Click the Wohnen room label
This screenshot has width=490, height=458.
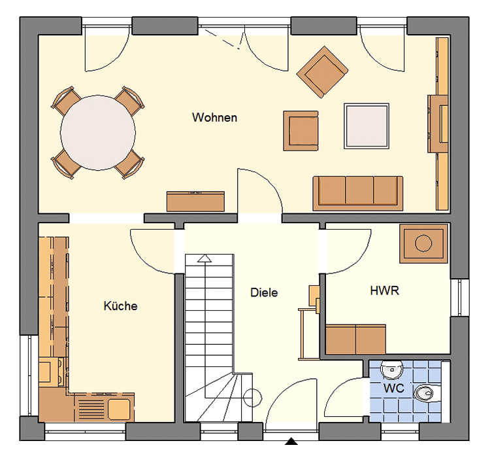[215, 117]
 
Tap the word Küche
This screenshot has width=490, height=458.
[121, 306]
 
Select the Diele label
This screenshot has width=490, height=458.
[264, 292]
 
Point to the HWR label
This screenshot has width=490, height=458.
[384, 291]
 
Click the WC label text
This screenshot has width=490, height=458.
[394, 388]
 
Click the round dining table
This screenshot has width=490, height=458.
[98, 133]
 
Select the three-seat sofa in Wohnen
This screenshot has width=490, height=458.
[358, 193]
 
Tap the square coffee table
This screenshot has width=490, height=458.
[367, 126]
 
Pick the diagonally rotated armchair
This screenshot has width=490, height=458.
[322, 72]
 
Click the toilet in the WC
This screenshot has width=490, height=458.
[427, 393]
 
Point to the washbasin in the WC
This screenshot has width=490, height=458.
[391, 370]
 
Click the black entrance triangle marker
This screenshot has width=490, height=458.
[291, 442]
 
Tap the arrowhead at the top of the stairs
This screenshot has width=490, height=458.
[204, 258]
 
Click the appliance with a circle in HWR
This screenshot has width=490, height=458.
[423, 243]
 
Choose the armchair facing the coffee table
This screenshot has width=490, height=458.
[301, 131]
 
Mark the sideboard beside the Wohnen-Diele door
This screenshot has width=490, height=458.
[195, 202]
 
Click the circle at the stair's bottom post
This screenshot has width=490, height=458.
[252, 398]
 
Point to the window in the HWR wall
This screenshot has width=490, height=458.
[460, 298]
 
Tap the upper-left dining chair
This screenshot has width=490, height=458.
[67, 101]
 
